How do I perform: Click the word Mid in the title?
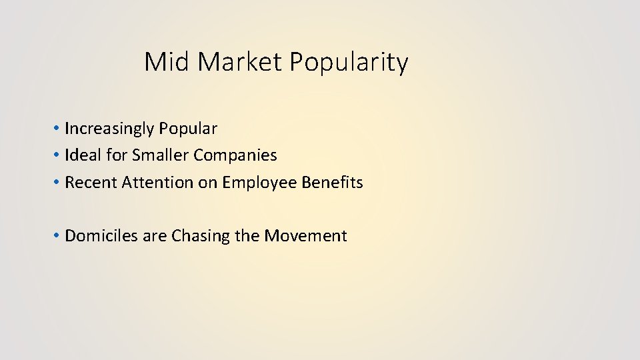coord(167,63)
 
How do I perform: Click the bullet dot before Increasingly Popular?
coord(58,128)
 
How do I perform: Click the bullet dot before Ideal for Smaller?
coord(58,155)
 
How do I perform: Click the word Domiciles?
coord(99,235)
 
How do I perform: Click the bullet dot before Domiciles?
coord(58,235)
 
